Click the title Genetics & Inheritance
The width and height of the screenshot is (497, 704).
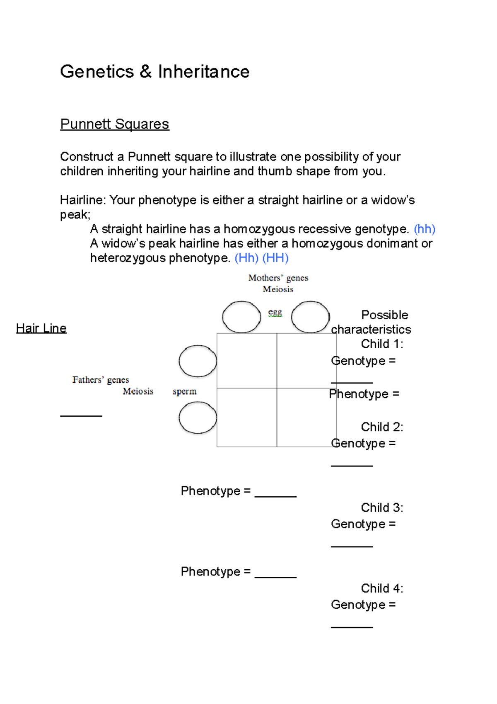pyautogui.click(x=154, y=72)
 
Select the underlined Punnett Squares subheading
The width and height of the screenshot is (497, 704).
pyautogui.click(x=114, y=124)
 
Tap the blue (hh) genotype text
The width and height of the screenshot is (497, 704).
pyautogui.click(x=425, y=229)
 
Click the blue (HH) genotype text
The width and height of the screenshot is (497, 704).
pyautogui.click(x=275, y=258)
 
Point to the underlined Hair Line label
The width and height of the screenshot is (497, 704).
pyautogui.click(x=41, y=328)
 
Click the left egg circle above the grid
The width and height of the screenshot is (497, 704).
pyautogui.click(x=241, y=317)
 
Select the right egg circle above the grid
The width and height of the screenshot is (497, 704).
pyautogui.click(x=310, y=317)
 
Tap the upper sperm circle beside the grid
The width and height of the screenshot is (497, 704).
pyautogui.click(x=198, y=361)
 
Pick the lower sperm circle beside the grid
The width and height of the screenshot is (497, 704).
pyautogui.click(x=198, y=418)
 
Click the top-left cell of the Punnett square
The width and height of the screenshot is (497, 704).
pyautogui.click(x=247, y=361)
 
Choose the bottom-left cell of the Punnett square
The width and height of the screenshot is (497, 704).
pyautogui.click(x=247, y=418)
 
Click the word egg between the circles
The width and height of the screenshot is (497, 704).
pyautogui.click(x=275, y=312)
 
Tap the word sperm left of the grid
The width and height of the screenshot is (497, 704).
pyautogui.click(x=185, y=391)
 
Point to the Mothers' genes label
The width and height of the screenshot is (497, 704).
pyautogui.click(x=278, y=278)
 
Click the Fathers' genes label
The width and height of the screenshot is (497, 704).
pyautogui.click(x=101, y=380)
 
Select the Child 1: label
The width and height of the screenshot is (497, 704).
pyautogui.click(x=382, y=344)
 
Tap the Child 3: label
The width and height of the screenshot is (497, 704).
pyautogui.click(x=382, y=508)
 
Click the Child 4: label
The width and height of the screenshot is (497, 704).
pyautogui.click(x=382, y=588)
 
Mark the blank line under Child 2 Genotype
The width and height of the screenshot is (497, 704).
pyautogui.click(x=352, y=465)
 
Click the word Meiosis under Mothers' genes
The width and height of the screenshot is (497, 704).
pyautogui.click(x=278, y=289)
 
